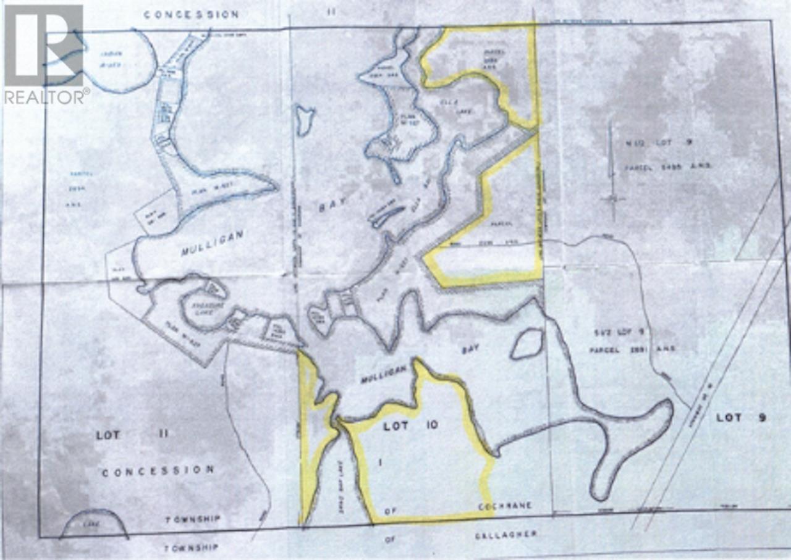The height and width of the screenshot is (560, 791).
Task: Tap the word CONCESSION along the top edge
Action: tap(191, 14)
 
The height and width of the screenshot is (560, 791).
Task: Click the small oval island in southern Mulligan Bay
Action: tap(527, 343)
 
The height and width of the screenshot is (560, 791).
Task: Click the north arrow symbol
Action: tap(611, 173)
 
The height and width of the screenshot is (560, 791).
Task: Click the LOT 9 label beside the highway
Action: tap(740, 417)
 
